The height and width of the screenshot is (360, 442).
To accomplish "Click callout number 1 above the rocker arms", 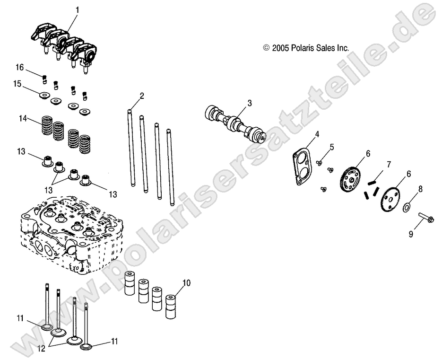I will click(x=78, y=9).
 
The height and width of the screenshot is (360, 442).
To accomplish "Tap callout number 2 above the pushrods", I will click(x=142, y=96).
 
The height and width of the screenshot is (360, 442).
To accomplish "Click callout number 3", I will click(x=250, y=103).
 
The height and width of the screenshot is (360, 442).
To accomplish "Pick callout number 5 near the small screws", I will click(x=332, y=147).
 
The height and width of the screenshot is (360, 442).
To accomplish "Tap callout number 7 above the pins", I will click(x=389, y=165).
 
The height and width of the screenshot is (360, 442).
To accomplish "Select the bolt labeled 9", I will click(x=424, y=218).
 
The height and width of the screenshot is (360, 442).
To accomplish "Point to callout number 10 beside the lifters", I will click(x=186, y=284).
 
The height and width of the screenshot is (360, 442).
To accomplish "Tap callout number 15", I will click(x=17, y=84).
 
